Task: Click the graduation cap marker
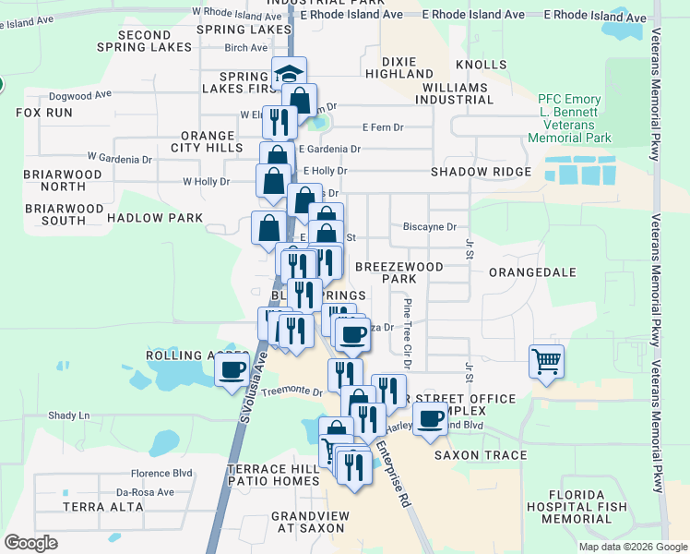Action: click(x=289, y=74)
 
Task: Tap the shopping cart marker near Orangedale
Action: click(x=546, y=360)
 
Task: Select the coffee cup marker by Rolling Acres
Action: click(x=232, y=370)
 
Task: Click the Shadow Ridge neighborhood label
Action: click(x=481, y=172)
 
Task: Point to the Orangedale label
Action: click(x=531, y=272)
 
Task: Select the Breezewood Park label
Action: click(x=399, y=272)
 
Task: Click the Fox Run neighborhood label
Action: click(x=44, y=113)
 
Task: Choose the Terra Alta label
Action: click(x=92, y=507)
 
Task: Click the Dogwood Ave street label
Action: click(x=80, y=94)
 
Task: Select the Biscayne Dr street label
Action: click(x=430, y=226)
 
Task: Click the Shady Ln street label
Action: click(x=69, y=415)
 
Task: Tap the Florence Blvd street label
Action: click(x=161, y=473)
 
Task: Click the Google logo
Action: click(x=31, y=543)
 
